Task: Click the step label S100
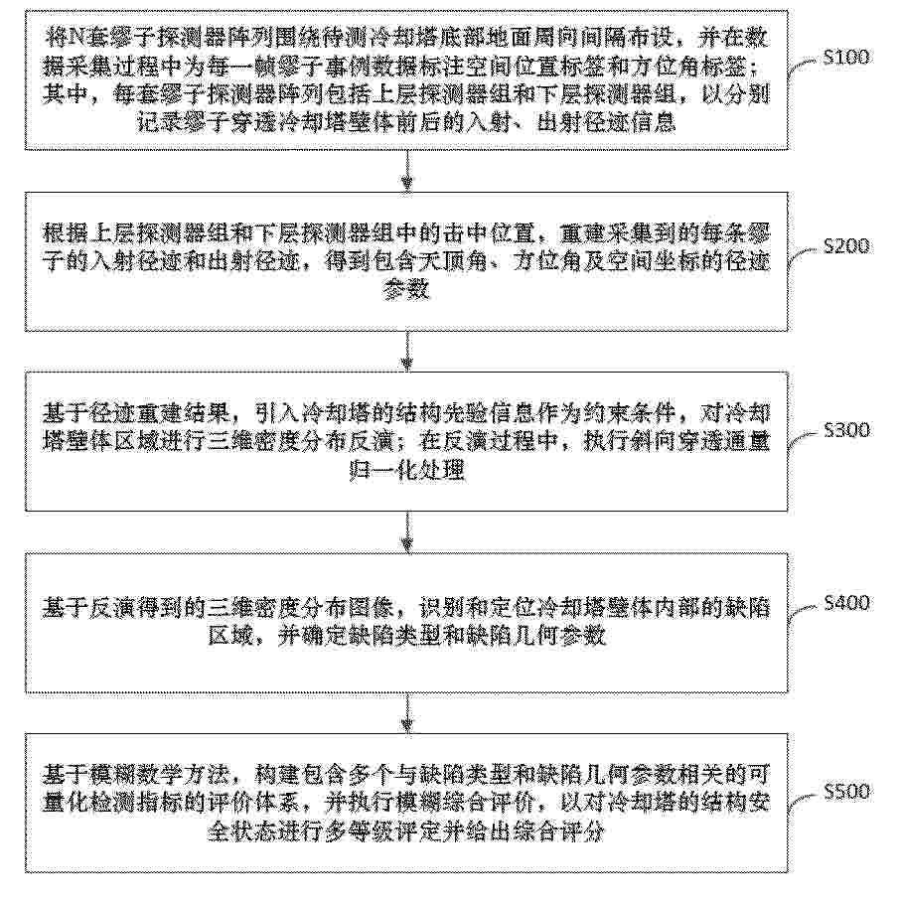846,57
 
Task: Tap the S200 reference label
846,246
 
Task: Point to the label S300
846,430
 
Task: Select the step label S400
846,603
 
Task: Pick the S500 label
846,792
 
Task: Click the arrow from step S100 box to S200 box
407,171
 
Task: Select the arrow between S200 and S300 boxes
407,352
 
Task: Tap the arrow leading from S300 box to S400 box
407,532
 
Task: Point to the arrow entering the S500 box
407,713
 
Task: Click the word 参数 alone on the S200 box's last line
406,290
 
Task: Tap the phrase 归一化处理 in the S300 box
406,471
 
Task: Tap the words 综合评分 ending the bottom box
557,831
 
